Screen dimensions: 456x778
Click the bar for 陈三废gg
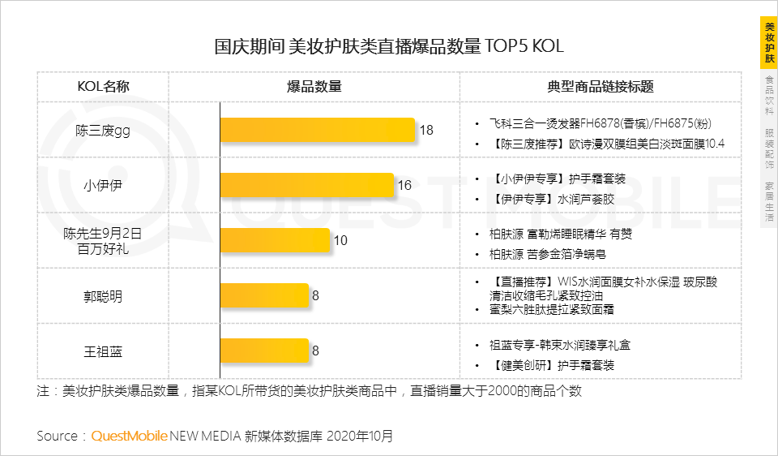[318, 130]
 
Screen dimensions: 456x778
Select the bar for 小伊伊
[307, 185]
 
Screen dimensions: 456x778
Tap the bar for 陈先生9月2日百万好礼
[276, 240]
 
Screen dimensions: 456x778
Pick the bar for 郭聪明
[265, 295]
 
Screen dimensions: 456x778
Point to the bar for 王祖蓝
[265, 351]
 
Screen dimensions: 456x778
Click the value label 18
[426, 130]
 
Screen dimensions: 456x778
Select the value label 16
[404, 185]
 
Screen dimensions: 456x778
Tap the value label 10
[340, 240]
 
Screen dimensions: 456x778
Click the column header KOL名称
[103, 87]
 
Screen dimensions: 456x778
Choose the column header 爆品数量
[314, 87]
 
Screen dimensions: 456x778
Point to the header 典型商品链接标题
[601, 87]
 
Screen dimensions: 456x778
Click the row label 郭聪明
[103, 296]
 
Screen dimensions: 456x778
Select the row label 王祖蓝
[103, 351]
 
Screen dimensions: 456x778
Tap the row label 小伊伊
[103, 185]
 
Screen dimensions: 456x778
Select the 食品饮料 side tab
[769, 95]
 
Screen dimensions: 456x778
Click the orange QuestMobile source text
[130, 436]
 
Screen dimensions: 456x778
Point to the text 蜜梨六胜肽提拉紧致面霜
[552, 310]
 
